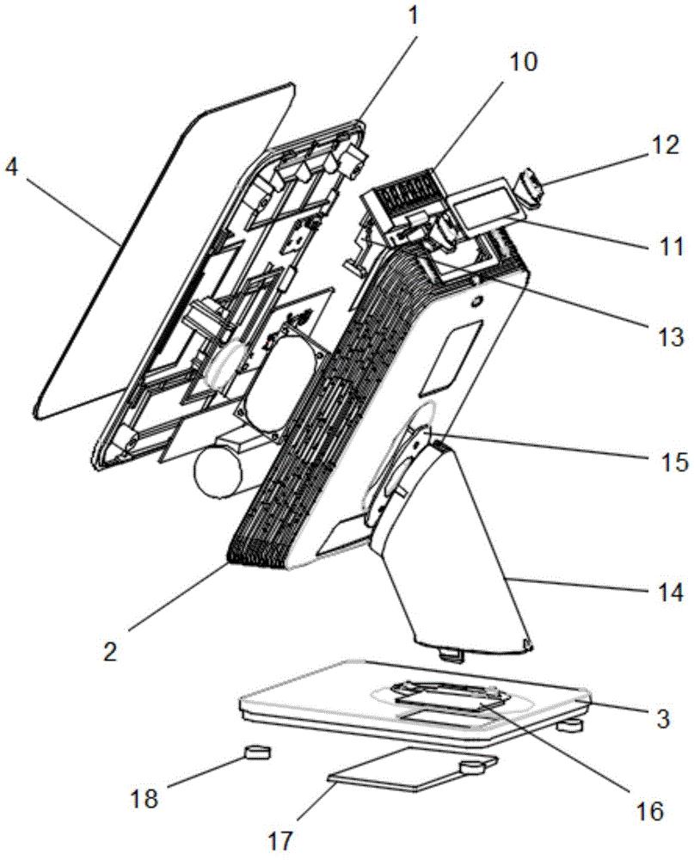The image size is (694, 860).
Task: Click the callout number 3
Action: (663, 718)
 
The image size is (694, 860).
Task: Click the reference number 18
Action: (145, 799)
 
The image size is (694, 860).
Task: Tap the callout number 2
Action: (110, 652)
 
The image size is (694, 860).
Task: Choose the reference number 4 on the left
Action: (10, 169)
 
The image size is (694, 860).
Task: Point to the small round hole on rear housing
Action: (475, 301)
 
